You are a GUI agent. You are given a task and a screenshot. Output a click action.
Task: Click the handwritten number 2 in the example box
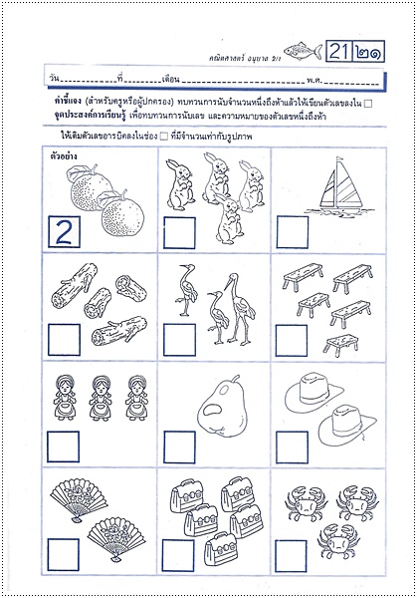pyautogui.click(x=64, y=232)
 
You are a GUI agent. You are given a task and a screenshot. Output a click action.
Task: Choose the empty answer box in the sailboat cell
pyautogui.click(x=293, y=231)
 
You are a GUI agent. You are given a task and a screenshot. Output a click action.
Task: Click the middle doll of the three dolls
pyautogui.click(x=102, y=397)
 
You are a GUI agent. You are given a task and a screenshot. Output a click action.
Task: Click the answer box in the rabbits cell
pyautogui.click(x=178, y=231)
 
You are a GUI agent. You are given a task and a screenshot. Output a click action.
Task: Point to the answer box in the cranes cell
pyautogui.click(x=178, y=339)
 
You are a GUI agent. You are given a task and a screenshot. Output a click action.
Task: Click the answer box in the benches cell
pyautogui.click(x=293, y=339)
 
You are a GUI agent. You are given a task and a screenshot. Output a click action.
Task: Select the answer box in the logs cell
pyautogui.click(x=64, y=339)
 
